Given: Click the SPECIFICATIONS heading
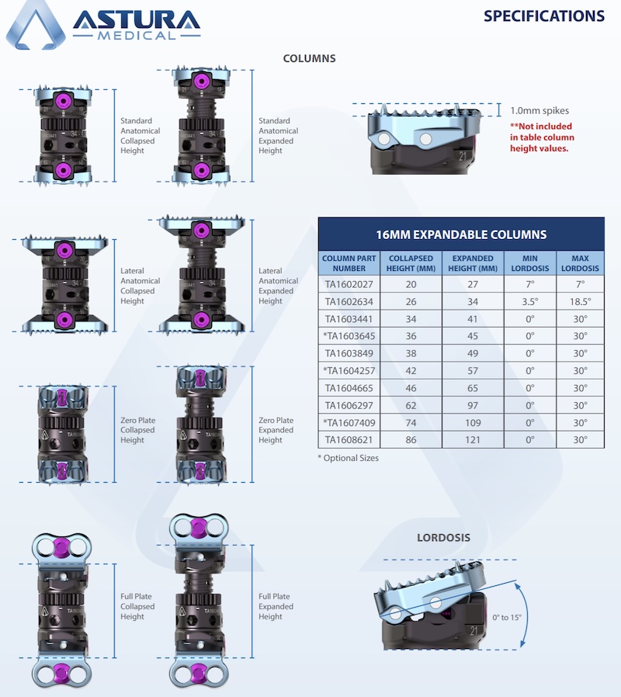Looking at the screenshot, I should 543,16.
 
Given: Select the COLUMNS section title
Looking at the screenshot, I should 309,58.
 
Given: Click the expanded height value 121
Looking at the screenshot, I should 473,440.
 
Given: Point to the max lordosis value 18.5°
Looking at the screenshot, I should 580,301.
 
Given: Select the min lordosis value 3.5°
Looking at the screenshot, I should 530,301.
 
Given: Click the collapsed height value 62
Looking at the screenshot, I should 412,405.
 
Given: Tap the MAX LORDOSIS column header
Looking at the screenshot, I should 580,263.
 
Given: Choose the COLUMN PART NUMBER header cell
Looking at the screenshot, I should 349,263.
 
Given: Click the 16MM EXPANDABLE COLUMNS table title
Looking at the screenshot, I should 461,234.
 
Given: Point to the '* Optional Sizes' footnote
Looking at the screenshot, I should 349,458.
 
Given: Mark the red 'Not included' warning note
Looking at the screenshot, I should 542,137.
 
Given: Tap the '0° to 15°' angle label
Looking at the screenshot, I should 507,618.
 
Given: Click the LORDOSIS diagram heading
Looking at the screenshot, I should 443,537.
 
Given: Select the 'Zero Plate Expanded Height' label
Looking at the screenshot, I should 276,430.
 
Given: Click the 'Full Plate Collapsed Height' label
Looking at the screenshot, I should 137,607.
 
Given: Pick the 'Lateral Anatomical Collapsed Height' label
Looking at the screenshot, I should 141,286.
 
